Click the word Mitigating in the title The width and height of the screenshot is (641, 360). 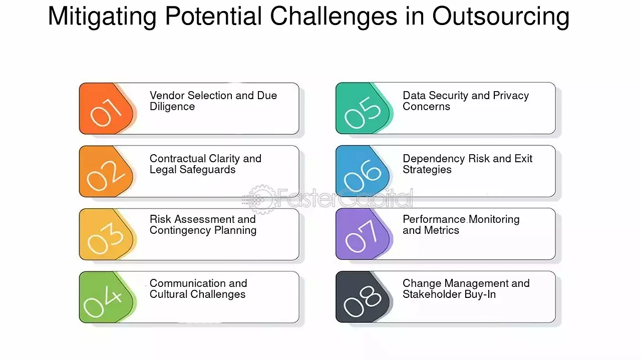102,17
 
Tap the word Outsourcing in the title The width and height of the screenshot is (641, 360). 500,17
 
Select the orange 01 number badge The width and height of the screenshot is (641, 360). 107,109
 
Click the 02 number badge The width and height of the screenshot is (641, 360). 107,171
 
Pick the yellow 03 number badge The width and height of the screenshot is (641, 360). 107,234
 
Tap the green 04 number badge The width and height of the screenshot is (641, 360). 107,297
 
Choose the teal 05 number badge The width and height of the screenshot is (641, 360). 363,109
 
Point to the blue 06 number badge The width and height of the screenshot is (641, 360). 363,171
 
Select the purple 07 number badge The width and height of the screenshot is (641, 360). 363,234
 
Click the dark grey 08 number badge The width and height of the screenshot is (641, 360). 363,297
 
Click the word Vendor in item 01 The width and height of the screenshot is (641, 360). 167,96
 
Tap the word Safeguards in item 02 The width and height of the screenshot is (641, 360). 207,170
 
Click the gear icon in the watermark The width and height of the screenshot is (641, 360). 261,199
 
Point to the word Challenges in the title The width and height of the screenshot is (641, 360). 334,17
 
